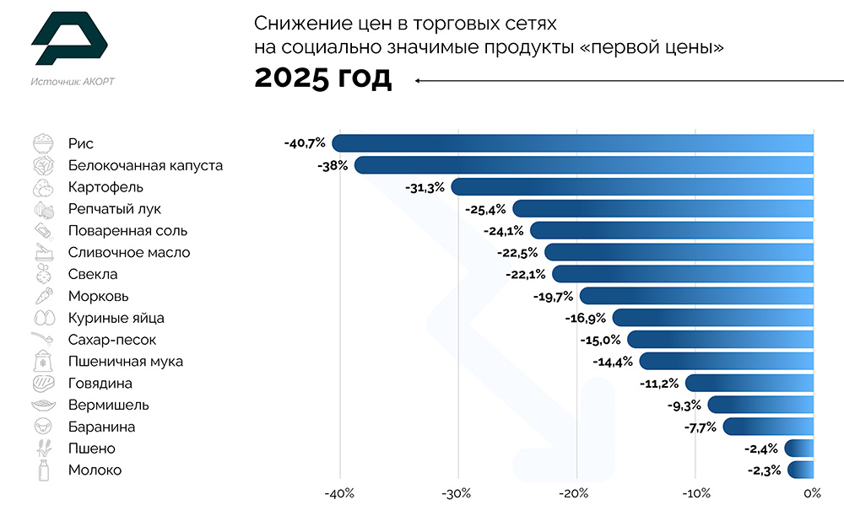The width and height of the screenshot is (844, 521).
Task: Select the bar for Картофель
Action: tap(632, 187)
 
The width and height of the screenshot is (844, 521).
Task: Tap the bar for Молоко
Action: tap(801, 470)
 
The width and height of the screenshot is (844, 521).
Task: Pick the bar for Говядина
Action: tap(749, 384)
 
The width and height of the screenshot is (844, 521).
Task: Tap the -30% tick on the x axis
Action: tap(457, 494)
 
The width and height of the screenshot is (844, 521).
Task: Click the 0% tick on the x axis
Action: tap(812, 494)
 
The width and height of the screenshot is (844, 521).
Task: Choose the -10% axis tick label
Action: tap(694, 494)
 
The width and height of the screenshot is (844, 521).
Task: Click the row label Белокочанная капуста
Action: tap(145, 165)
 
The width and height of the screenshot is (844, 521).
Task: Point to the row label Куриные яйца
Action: tap(116, 318)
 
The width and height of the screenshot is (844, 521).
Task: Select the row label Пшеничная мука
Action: tap(125, 362)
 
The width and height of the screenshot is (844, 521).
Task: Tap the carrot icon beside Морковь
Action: tap(43, 296)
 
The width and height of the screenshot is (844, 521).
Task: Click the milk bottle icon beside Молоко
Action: tap(43, 470)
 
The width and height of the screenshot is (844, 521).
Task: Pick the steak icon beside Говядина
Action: tap(43, 384)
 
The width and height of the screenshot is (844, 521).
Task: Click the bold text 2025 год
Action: tap(323, 78)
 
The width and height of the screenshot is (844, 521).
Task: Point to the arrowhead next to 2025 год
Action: tap(418, 80)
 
